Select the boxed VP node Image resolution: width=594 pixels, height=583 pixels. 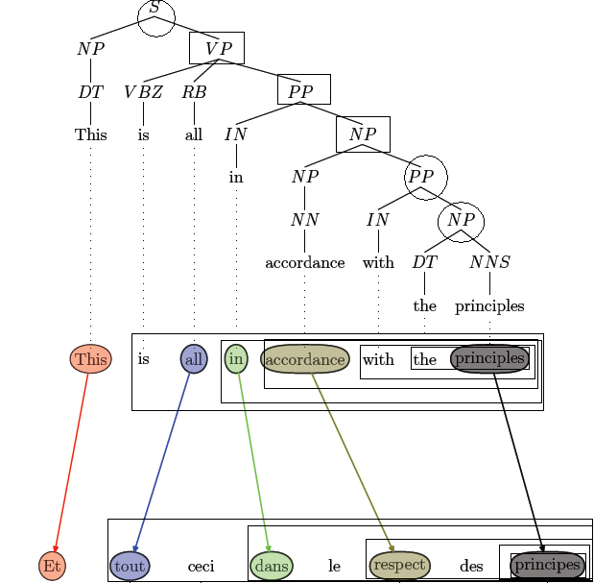coord(217,48)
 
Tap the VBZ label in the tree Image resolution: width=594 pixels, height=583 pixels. coord(143,92)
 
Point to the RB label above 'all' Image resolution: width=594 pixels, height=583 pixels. coord(194,92)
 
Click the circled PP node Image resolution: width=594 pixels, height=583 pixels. coord(420,177)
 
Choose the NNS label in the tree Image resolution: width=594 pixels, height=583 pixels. coord(489,261)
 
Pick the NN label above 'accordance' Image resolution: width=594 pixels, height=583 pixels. coord(304,219)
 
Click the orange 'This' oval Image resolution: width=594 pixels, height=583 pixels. coord(91,359)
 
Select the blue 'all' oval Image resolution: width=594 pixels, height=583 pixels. coord(194,359)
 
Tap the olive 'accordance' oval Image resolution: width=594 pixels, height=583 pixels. coord(304,359)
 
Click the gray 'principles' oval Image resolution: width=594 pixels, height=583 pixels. coord(489,358)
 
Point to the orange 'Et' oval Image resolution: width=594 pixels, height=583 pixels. coord(53,567)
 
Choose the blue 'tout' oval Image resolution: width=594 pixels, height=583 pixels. coord(130,567)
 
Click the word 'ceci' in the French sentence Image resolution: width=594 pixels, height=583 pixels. coord(201,567)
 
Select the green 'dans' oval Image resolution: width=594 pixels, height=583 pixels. coord(272,567)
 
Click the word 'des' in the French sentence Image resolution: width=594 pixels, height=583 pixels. coord(471,567)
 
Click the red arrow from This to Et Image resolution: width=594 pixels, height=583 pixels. coord(72,461)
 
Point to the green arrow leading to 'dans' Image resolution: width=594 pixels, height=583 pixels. coord(253,461)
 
